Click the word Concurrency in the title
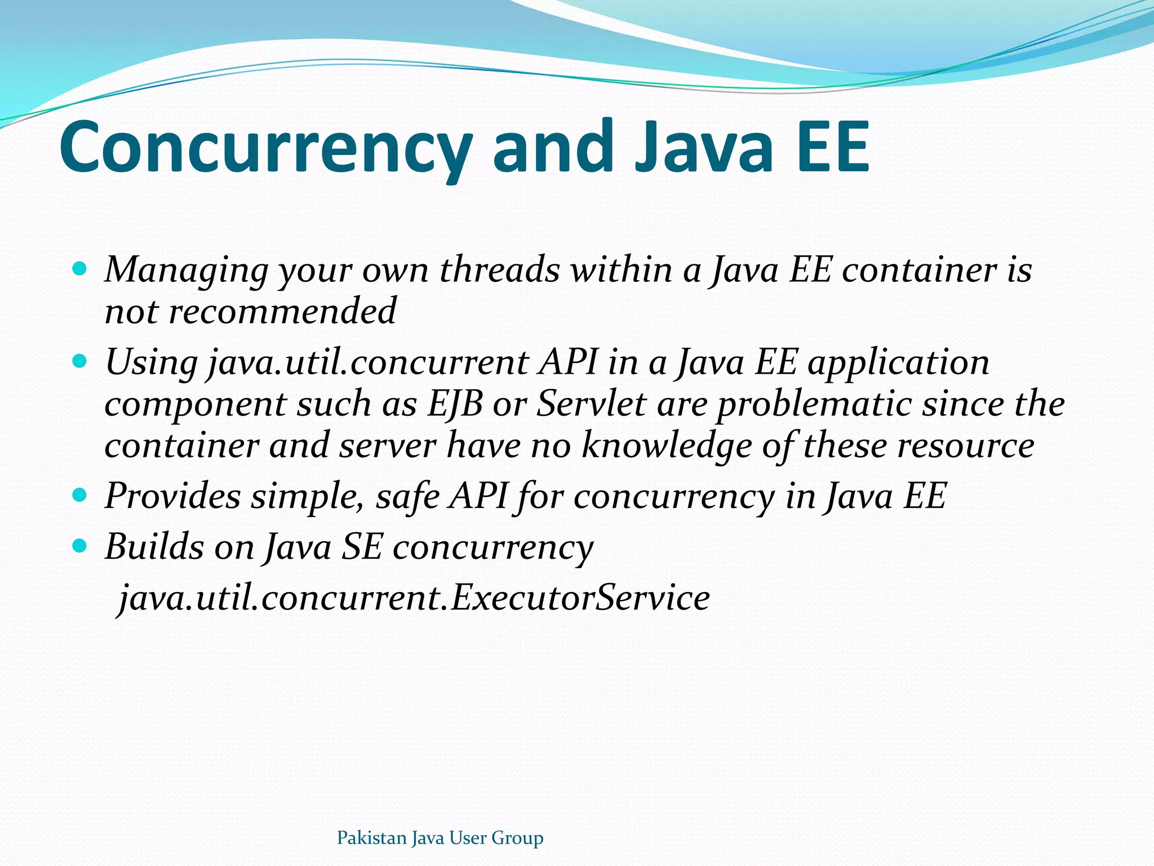(265, 148)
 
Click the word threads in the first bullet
(499, 269)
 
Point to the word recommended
(282, 311)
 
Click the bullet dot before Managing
(80, 268)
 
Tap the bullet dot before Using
(80, 361)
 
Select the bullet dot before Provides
(80, 495)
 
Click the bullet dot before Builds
(80, 546)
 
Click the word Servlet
(591, 404)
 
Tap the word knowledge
(666, 445)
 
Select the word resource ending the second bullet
(965, 445)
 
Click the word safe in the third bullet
(407, 496)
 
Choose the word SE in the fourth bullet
(362, 547)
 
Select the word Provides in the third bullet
(172, 496)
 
